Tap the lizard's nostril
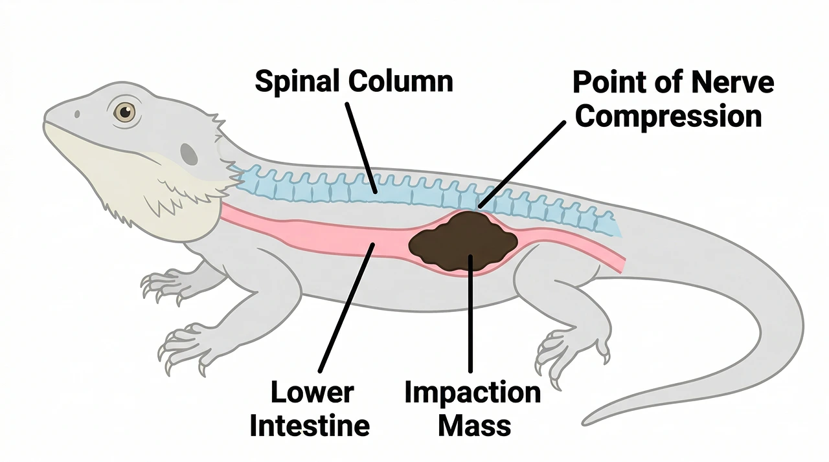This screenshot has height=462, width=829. [x=77, y=115]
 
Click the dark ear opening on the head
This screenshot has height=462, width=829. [x=188, y=154]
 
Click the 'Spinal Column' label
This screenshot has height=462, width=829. [x=354, y=82]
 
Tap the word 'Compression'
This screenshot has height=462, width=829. [x=668, y=117]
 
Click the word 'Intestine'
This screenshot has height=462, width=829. [x=310, y=426]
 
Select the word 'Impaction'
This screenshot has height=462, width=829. [x=472, y=393]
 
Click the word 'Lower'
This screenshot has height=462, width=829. [x=312, y=393]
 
